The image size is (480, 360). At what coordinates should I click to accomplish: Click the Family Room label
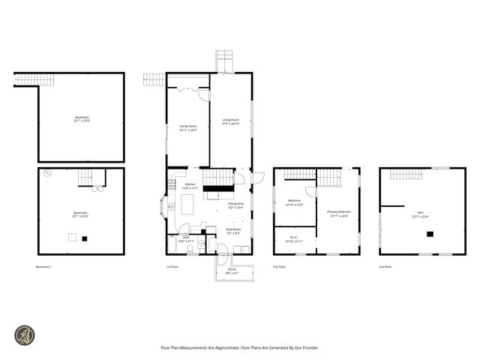click(x=187, y=128)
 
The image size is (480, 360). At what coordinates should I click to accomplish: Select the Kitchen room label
click(x=190, y=186)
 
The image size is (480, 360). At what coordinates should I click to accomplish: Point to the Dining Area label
click(x=236, y=205)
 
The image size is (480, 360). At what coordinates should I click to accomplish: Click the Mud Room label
click(x=233, y=232)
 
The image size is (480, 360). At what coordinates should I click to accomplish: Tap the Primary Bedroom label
click(x=339, y=214)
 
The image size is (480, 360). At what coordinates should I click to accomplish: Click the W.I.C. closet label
click(x=294, y=240)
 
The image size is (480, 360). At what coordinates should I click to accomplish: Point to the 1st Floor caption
click(x=172, y=266)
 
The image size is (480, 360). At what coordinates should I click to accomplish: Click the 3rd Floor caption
click(x=385, y=266)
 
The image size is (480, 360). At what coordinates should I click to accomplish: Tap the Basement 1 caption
click(x=43, y=266)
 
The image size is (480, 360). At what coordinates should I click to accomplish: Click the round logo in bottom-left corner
click(x=24, y=334)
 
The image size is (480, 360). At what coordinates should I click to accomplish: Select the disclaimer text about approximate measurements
click(x=240, y=347)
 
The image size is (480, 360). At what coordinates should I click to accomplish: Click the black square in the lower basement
click(x=85, y=238)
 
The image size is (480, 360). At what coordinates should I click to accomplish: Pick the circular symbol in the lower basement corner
click(x=47, y=174)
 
